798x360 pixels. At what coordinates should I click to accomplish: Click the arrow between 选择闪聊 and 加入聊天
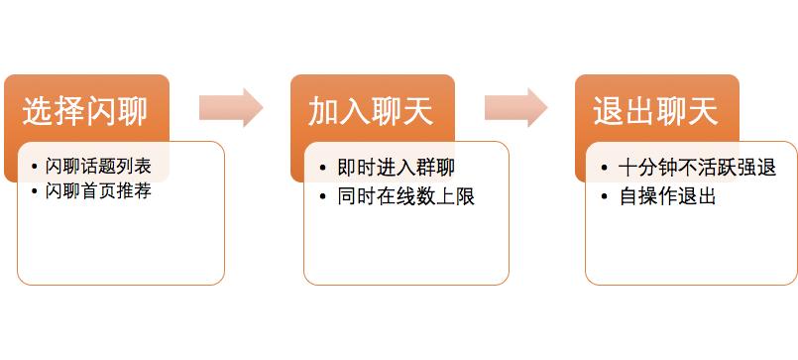click(230, 108)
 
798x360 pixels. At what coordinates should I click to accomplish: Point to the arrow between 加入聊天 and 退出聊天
click(515, 108)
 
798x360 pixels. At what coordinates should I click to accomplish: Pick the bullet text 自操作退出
click(666, 196)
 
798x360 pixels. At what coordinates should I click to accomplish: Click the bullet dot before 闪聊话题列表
click(37, 166)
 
